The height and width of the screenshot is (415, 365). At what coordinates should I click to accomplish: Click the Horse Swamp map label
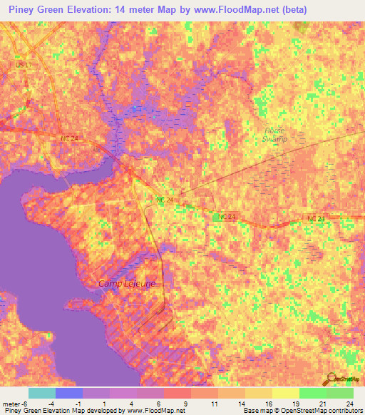(274, 135)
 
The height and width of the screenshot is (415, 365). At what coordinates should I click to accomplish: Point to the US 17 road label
(24, 65)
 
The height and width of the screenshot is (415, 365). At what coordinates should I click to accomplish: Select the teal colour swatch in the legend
(41, 393)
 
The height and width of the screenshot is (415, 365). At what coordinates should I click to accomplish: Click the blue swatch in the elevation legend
(68, 393)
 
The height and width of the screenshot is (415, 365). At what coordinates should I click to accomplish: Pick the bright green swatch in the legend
(312, 393)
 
